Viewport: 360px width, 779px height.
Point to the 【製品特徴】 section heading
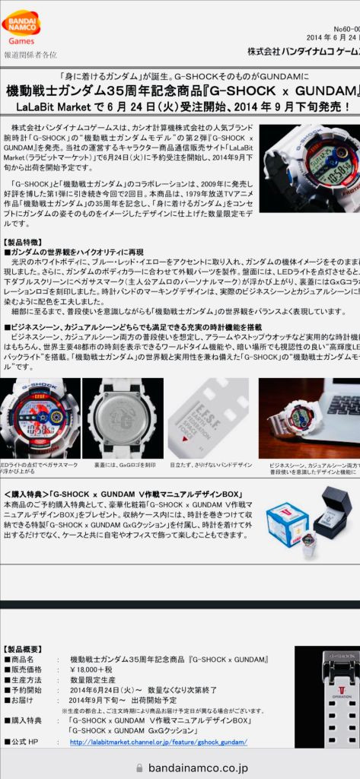(27, 243)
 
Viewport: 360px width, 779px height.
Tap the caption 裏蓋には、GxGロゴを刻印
(125, 463)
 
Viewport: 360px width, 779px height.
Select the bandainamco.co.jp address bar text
(180, 768)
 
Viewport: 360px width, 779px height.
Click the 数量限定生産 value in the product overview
(93, 680)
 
